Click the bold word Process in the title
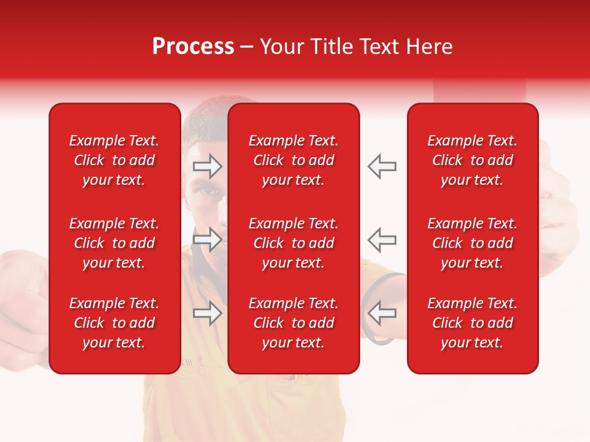193,47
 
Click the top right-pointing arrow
207,166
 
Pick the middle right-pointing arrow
207,239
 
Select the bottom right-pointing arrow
207,313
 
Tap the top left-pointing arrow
382,166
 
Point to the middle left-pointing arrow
382,239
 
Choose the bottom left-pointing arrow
382,313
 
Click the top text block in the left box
114,160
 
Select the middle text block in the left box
114,243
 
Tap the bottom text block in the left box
114,323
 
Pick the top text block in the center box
293,160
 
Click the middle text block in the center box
293,243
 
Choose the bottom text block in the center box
293,323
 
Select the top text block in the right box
472,160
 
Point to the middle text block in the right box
472,243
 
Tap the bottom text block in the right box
472,323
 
